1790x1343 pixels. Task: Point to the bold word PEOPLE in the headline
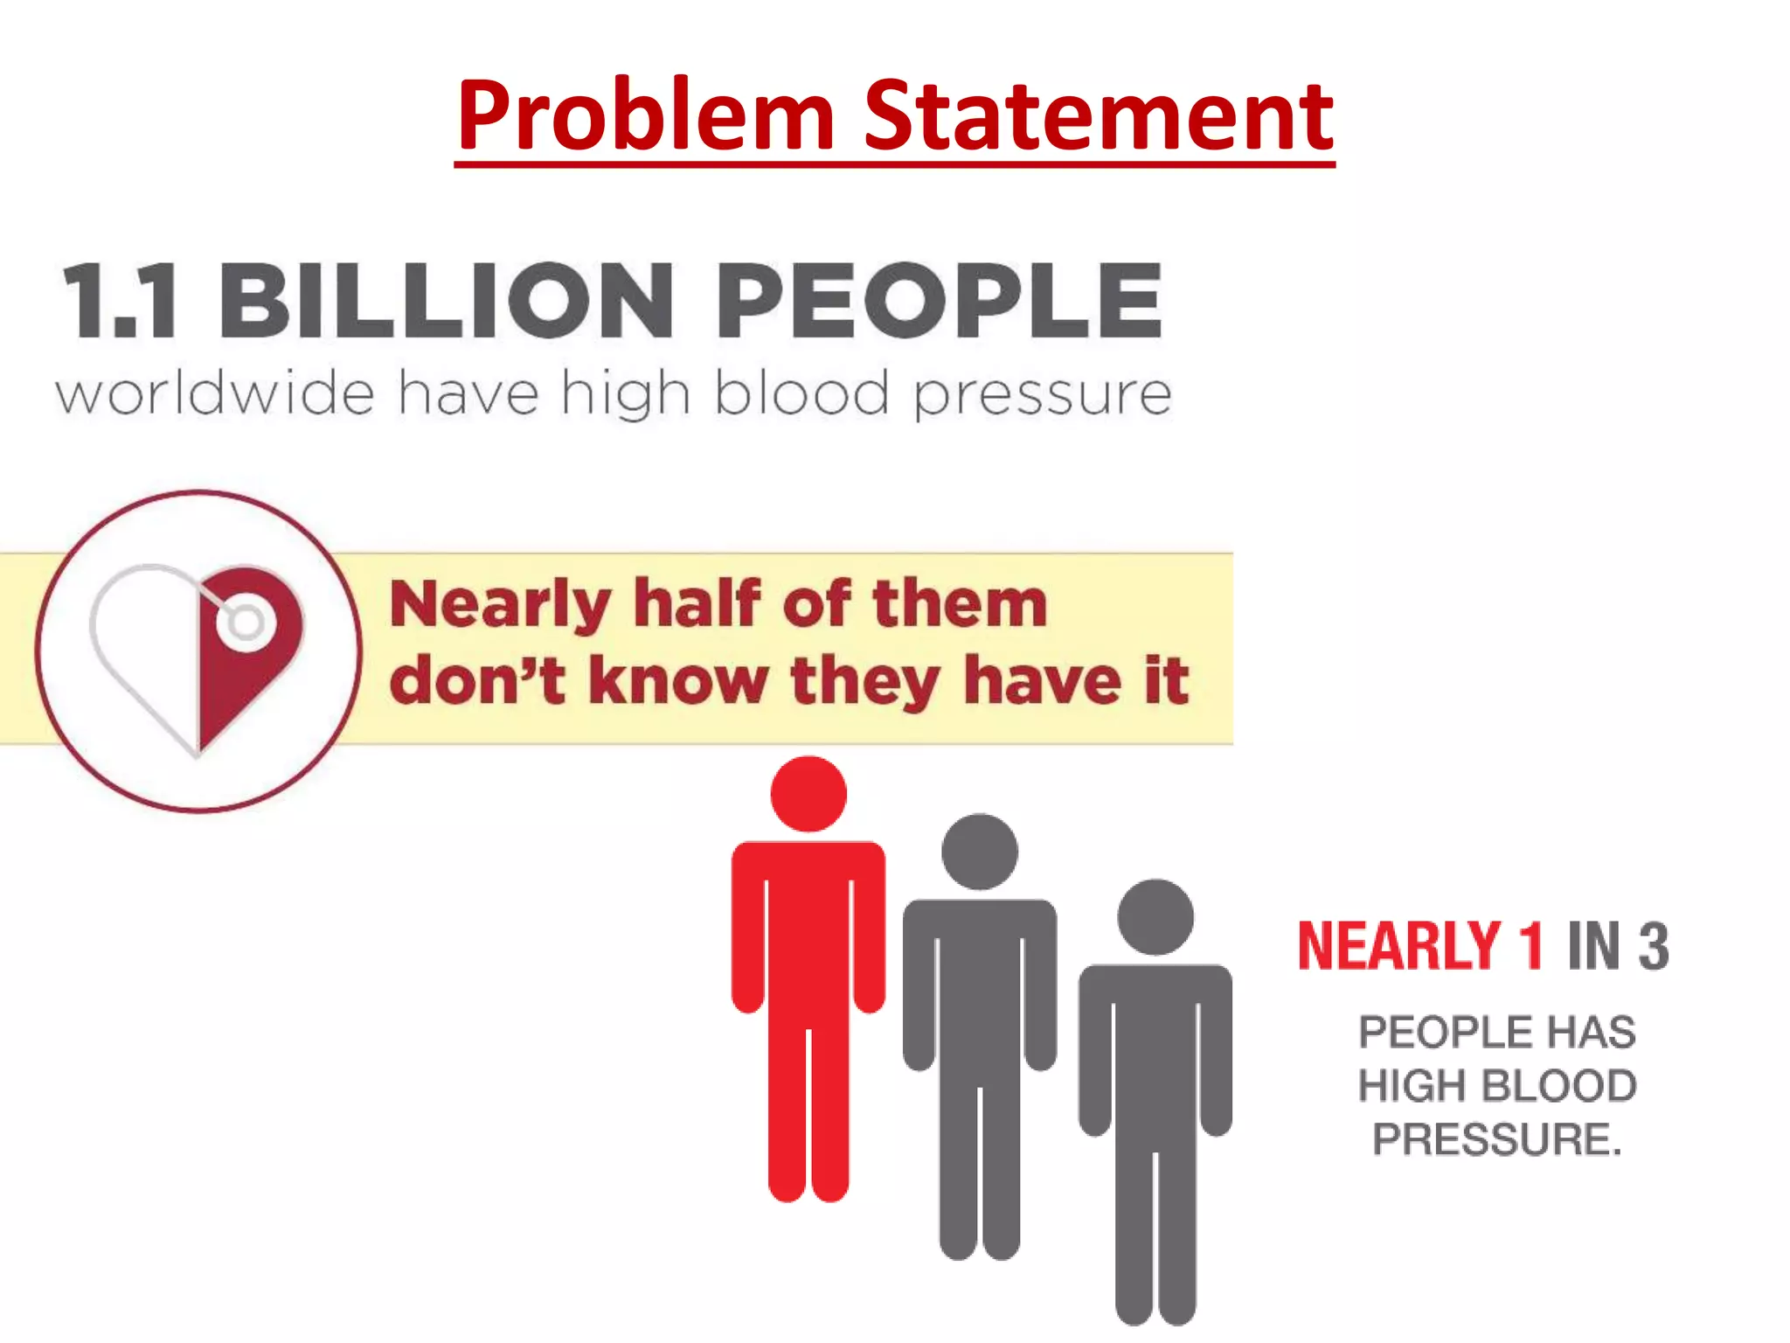[940, 301]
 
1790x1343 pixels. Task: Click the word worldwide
[215, 393]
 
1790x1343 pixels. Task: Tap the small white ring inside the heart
[246, 623]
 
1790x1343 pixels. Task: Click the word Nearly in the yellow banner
[499, 605]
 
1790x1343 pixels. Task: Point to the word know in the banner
[678, 680]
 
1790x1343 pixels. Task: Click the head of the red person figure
[808, 794]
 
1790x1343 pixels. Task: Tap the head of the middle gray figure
[980, 852]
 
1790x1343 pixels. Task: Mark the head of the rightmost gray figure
[1155, 917]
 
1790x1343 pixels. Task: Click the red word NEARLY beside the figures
[1399, 946]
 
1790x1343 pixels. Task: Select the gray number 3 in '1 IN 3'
[1653, 946]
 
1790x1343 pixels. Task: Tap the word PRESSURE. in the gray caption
[1496, 1139]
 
